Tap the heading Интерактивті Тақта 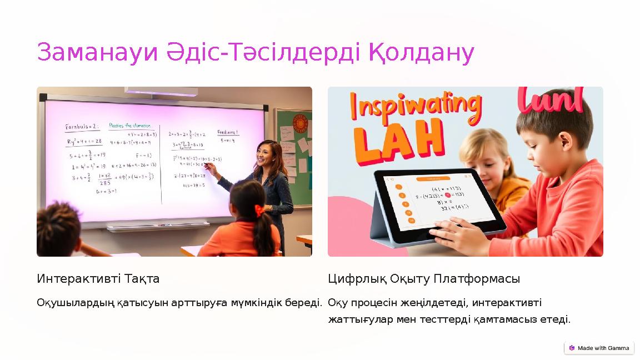click(98, 278)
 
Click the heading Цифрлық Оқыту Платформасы click(423, 278)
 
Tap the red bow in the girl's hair click(259, 211)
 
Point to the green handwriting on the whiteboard click(130, 126)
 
